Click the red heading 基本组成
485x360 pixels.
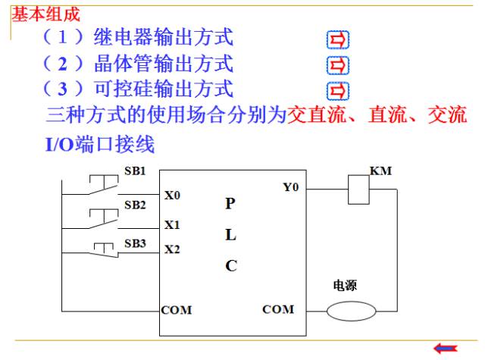click(45, 14)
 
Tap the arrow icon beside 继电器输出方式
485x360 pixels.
click(338, 39)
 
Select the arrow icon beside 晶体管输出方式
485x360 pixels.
click(338, 65)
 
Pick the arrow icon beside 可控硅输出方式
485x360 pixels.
click(338, 91)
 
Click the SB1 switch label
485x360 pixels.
click(135, 171)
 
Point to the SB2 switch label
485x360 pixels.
click(135, 205)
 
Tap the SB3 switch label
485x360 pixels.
click(135, 243)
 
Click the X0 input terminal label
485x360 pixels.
click(172, 195)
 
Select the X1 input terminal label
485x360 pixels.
click(172, 224)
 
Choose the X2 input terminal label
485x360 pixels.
click(172, 249)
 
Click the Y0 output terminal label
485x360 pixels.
click(291, 186)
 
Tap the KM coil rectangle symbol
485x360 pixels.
click(358, 189)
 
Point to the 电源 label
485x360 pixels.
click(345, 285)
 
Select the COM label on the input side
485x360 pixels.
click(177, 310)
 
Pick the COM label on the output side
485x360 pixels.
click(278, 309)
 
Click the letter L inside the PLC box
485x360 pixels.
click(230, 235)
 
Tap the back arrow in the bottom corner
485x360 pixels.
click(446, 349)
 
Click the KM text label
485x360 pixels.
click(380, 171)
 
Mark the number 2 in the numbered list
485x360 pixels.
click(63, 64)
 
